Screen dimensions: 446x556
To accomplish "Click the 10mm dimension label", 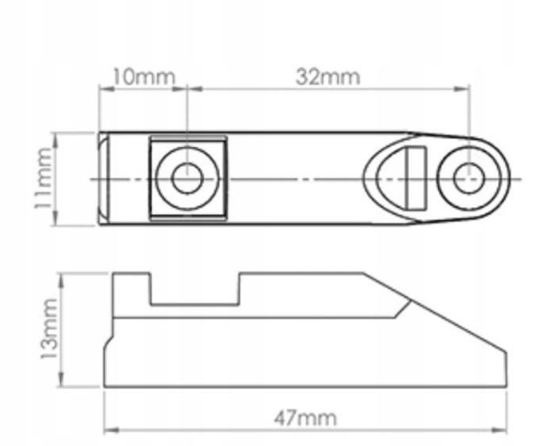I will click(144, 77).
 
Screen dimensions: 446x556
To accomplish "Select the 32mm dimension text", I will click(328, 77).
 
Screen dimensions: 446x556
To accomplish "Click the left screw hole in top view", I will click(187, 179).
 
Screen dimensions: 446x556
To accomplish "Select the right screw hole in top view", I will click(468, 179).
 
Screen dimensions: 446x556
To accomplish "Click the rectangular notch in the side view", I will click(195, 289).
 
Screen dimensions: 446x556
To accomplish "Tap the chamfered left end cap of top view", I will click(103, 179).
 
